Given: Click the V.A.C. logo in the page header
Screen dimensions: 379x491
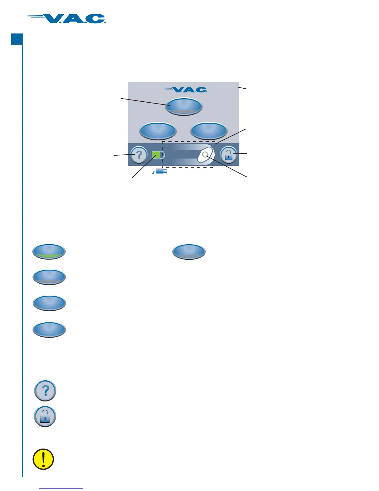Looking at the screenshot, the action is [x=67, y=19].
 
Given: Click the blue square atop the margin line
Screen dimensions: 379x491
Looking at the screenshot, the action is [x=17, y=39].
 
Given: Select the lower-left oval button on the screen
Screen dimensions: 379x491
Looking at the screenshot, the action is [x=158, y=130].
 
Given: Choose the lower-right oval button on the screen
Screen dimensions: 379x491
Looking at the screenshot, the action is [x=209, y=130].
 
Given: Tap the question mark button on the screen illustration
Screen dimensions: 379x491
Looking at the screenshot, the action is [x=139, y=155].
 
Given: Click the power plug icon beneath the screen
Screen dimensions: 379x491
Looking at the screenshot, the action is [x=160, y=171].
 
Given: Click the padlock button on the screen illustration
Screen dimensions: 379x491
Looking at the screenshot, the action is [x=229, y=155].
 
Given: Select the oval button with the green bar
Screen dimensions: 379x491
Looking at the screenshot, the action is [x=49, y=251].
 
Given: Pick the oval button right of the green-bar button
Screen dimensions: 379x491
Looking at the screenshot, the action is [x=189, y=251].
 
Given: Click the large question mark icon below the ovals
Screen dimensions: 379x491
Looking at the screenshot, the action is [x=45, y=391].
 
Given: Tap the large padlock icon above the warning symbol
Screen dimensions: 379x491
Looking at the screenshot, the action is [x=45, y=417].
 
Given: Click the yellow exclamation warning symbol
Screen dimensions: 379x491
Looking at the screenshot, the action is [x=43, y=459].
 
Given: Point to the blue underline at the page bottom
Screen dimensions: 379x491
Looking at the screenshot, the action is [x=62, y=489].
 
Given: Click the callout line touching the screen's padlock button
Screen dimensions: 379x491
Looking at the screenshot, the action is [x=242, y=153].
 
